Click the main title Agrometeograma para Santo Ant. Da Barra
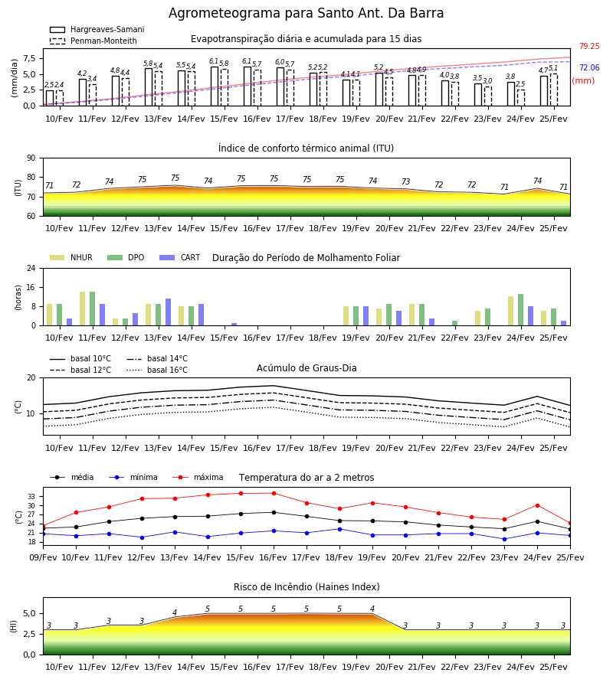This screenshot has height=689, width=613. (306, 13)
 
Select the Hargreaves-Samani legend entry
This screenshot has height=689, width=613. (97, 29)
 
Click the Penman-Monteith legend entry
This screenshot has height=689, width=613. (93, 41)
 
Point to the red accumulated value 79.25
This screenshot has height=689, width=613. (589, 46)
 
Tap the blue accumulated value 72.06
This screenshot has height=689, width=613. (589, 67)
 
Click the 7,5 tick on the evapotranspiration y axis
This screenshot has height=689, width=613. (29, 58)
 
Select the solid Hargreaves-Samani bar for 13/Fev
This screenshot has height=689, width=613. (149, 87)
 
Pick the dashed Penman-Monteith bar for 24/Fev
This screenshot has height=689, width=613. (520, 98)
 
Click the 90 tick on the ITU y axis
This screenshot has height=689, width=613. (31, 158)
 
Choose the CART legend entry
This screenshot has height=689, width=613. (180, 257)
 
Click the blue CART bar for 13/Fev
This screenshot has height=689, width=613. (168, 312)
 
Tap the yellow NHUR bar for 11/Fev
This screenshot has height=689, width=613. (82, 309)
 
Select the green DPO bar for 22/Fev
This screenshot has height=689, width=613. (454, 323)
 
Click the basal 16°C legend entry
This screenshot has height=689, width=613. (157, 370)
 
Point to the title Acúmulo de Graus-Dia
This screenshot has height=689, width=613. (306, 368)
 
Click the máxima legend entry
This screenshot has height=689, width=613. (198, 477)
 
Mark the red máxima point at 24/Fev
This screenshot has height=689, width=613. (537, 506)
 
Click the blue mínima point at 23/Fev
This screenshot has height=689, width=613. (504, 539)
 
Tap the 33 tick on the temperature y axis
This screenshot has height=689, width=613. (31, 497)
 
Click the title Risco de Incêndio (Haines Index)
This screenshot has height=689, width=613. (306, 587)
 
